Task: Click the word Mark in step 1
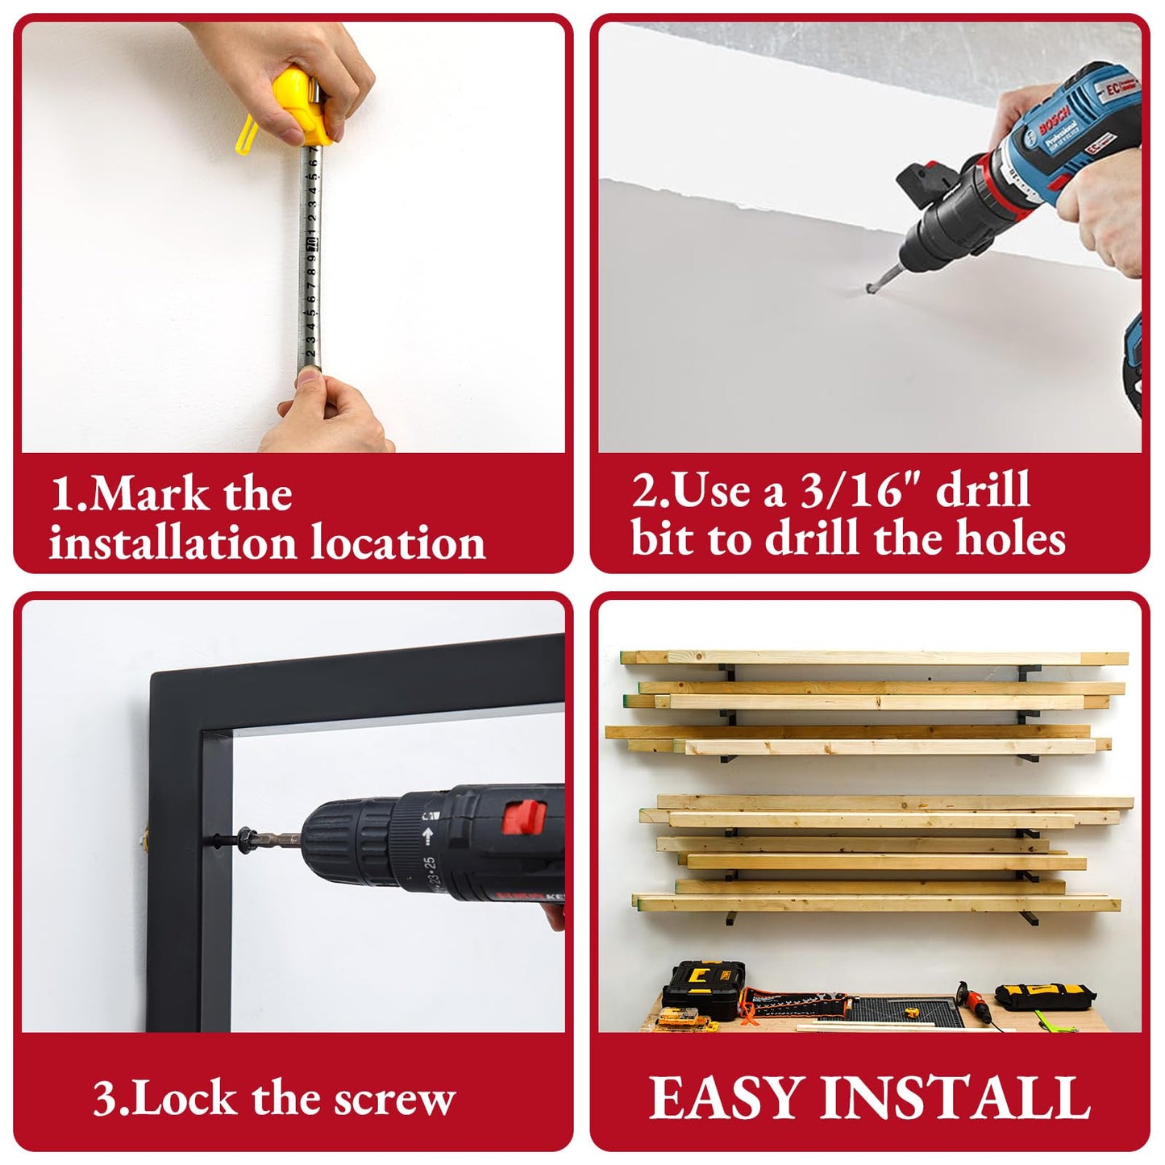click(151, 494)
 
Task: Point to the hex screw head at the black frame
click(247, 840)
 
